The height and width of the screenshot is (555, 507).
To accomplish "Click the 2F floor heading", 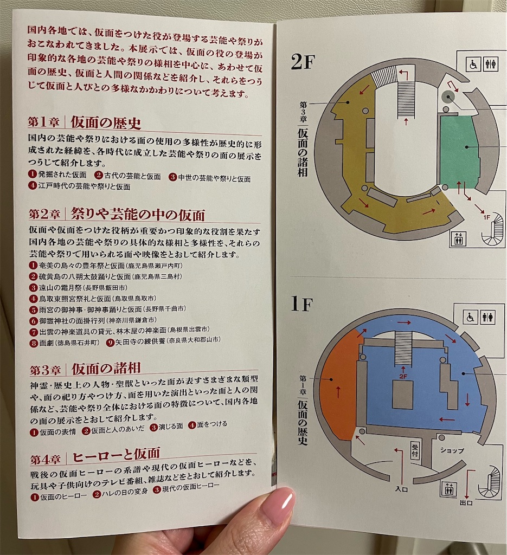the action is tap(303, 63).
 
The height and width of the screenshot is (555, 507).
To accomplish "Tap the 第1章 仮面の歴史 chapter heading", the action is tap(85, 122).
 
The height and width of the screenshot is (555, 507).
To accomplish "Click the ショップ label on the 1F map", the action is tap(452, 450).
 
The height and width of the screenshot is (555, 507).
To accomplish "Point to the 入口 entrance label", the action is tap(401, 489).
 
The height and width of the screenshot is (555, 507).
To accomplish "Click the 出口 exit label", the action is tap(466, 502).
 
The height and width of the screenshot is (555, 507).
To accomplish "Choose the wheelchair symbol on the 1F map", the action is tap(471, 317).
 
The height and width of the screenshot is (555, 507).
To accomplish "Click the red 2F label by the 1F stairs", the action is tap(403, 377).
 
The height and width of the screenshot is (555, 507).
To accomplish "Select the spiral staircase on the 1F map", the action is tap(491, 482).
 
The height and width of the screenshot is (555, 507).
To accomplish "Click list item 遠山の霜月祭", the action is tap(79, 288).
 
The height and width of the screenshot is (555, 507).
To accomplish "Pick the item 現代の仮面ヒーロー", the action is tap(187, 488).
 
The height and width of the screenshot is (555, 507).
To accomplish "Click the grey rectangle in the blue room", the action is tap(402, 395).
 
